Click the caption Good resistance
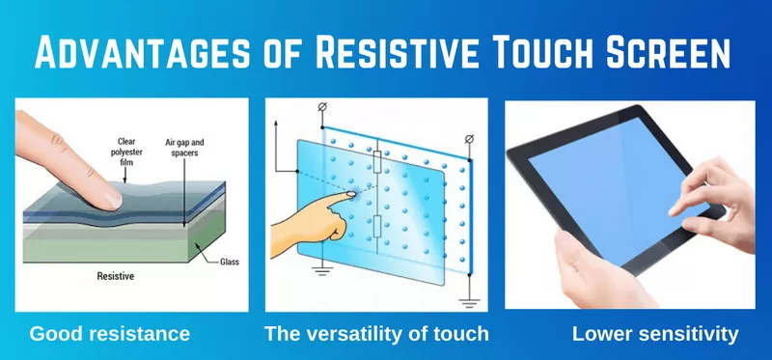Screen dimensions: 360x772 (109, 335)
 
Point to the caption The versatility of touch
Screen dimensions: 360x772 (376, 335)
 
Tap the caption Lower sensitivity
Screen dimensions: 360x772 (654, 335)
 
